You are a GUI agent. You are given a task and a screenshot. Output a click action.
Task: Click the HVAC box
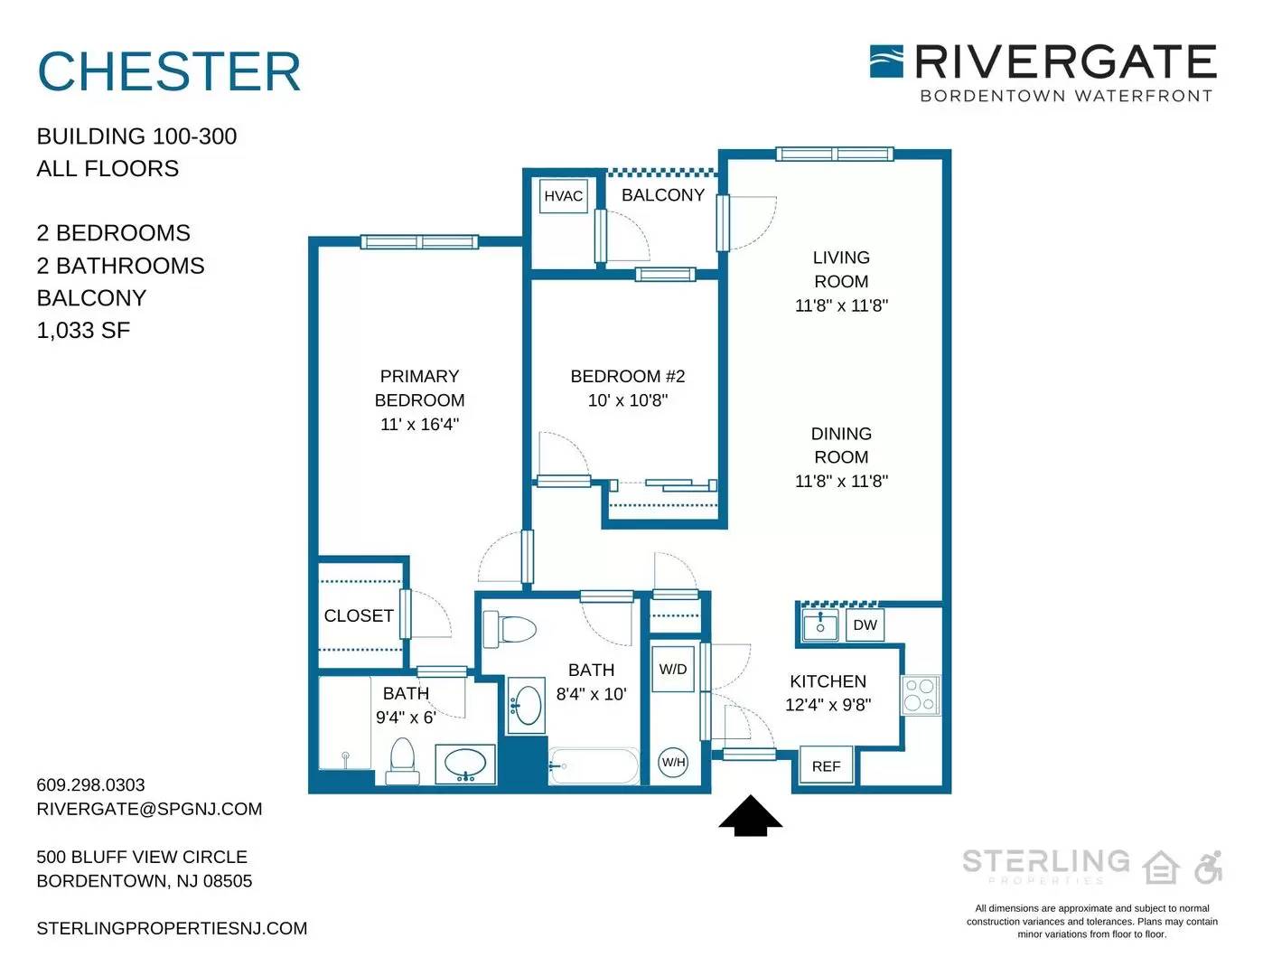[563, 196]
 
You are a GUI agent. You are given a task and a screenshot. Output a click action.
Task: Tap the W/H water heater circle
[674, 762]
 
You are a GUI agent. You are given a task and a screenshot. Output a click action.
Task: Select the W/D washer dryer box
[673, 669]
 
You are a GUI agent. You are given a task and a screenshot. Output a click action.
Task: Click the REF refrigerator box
[827, 766]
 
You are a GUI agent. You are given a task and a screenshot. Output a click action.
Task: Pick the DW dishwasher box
[865, 624]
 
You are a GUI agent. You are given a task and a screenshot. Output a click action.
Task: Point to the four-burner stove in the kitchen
[920, 695]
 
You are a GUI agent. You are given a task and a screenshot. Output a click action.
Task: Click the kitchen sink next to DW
[820, 624]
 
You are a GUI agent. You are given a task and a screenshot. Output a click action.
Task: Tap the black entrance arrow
[751, 815]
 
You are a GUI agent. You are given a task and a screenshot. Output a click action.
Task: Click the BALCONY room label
[663, 194]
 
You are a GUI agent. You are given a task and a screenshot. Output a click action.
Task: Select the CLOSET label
[359, 615]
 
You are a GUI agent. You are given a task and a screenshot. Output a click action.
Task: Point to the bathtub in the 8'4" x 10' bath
[594, 765]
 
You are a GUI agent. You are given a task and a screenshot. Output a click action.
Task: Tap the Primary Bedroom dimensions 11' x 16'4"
[419, 424]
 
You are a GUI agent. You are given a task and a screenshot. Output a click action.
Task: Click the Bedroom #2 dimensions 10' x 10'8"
[628, 400]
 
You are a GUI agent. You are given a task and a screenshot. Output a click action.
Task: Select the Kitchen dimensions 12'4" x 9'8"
[828, 705]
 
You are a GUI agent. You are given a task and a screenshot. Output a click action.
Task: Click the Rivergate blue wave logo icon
[886, 61]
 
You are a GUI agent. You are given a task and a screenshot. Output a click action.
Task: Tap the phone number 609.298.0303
[90, 784]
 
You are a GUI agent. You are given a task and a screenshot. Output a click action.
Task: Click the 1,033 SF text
[83, 330]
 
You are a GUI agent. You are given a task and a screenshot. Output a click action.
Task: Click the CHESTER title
[169, 71]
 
